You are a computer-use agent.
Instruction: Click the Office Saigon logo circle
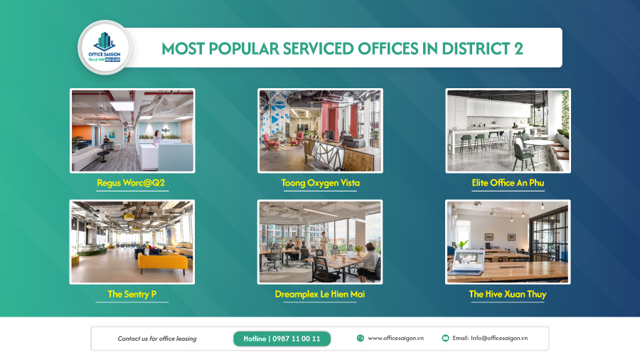tap(104, 47)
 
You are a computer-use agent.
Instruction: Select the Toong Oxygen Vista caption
tap(320, 183)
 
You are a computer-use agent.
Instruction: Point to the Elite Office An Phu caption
tap(508, 183)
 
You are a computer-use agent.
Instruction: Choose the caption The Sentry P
tap(132, 294)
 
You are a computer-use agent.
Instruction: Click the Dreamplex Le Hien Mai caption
tap(320, 294)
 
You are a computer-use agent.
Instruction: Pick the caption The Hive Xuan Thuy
tap(508, 294)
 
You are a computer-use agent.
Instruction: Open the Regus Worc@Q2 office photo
tap(132, 130)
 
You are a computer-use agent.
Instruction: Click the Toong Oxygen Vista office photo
tap(320, 130)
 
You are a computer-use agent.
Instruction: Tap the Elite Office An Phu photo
tap(508, 130)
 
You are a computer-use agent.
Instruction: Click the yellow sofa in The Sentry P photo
tap(162, 261)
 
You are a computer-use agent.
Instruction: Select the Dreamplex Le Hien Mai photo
tap(320, 241)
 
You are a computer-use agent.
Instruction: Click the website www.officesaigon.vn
tap(396, 339)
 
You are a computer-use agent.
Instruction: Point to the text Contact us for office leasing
tap(157, 339)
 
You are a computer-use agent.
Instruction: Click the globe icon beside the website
tap(361, 339)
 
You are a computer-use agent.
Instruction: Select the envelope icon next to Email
tap(445, 339)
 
